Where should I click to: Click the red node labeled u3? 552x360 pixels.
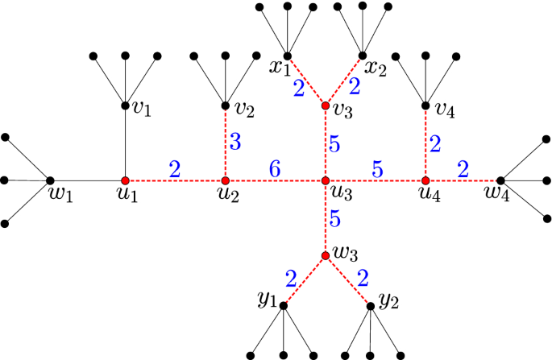click(326, 180)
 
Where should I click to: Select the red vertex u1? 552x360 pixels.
click(125, 180)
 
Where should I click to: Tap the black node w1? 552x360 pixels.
click(50, 180)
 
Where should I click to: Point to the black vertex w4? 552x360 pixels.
click(500, 180)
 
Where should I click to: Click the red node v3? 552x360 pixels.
click(326, 106)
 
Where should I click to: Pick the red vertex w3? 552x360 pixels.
click(326, 256)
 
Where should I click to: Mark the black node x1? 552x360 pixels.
click(287, 56)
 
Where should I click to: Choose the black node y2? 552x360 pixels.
click(371, 306)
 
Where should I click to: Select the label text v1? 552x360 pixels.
click(142, 109)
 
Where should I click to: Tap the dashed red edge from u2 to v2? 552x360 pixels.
click(225, 143)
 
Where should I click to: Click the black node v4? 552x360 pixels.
click(425, 106)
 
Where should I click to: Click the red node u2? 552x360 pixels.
click(225, 180)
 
